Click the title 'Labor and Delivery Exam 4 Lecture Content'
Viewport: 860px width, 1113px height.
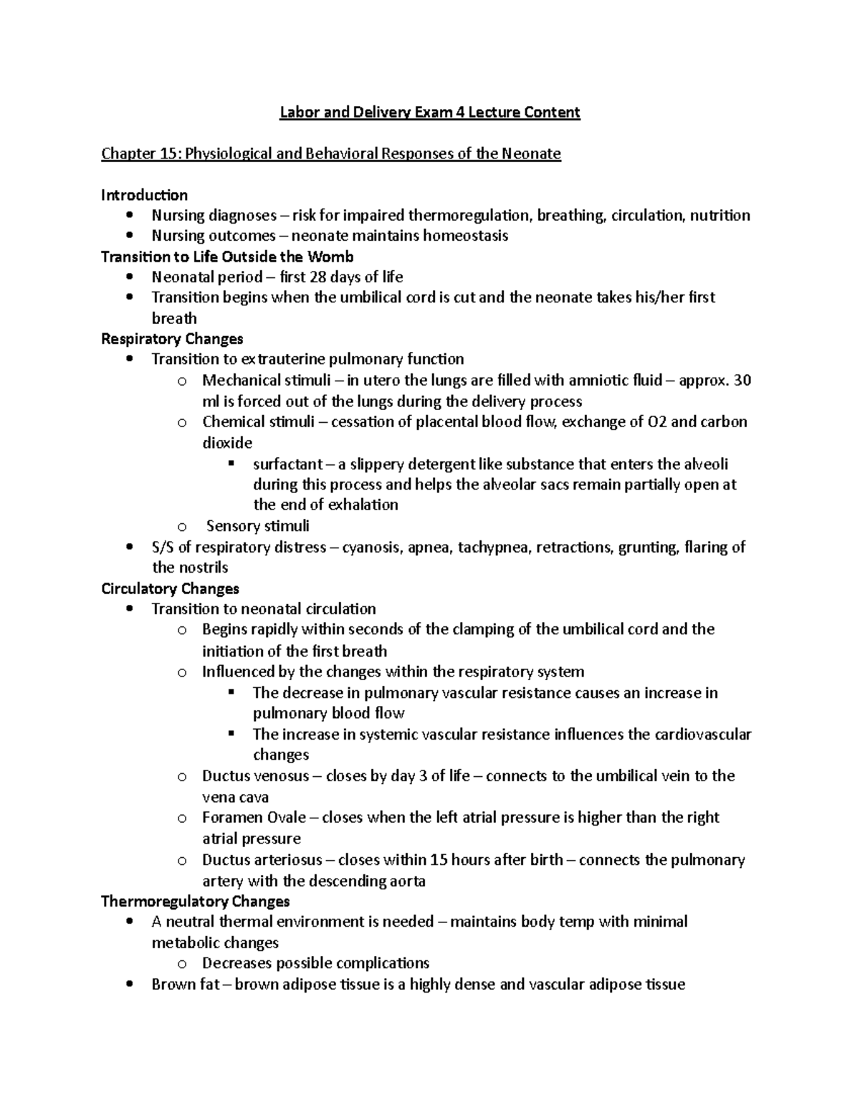[429, 113]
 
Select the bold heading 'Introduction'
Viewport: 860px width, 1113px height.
[144, 195]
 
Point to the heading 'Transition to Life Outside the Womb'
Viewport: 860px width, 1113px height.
[227, 257]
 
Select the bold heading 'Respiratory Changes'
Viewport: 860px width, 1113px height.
[172, 338]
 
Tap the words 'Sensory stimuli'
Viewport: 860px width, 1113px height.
[257, 526]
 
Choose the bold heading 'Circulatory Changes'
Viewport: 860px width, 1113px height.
[170, 588]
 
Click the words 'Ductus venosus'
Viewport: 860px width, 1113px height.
[255, 776]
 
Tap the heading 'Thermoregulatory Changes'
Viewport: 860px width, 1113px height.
[195, 901]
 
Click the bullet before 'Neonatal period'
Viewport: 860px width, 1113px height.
[129, 277]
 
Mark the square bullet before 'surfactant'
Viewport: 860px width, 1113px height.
[231, 464]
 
